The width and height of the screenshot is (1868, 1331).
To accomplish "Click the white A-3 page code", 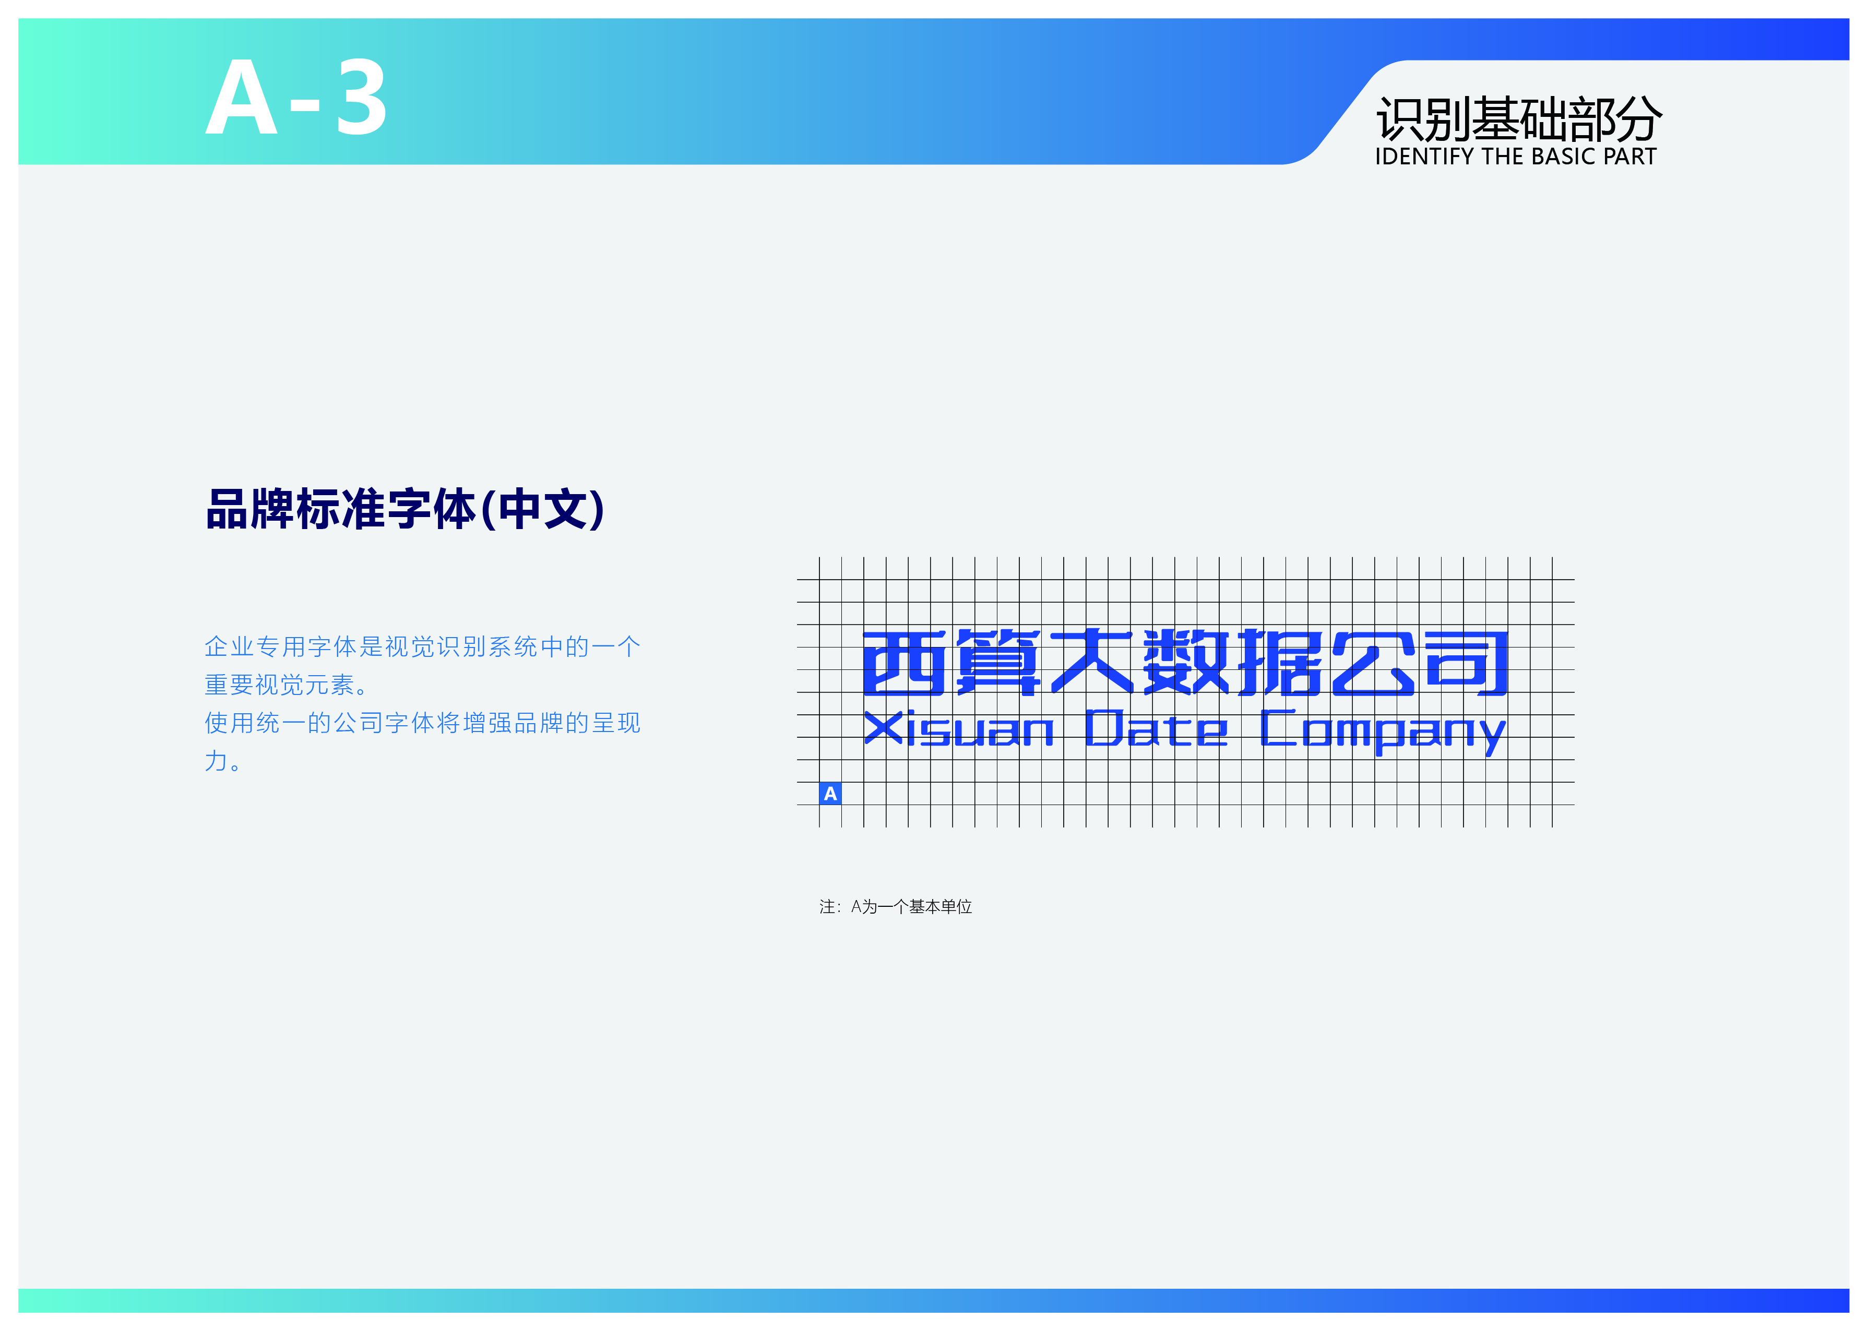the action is (296, 98).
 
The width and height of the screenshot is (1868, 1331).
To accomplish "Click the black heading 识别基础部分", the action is (1519, 119).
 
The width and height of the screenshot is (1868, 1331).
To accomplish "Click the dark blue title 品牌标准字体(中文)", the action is (405, 509).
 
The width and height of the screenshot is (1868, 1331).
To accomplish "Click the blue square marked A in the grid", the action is (830, 794).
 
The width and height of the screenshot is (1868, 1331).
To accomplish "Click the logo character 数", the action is (1185, 662).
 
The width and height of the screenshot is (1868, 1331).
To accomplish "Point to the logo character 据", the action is (1279, 662).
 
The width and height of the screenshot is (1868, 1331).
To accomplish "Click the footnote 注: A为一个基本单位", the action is (896, 906).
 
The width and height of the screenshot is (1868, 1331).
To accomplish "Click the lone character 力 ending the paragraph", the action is (216, 761).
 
